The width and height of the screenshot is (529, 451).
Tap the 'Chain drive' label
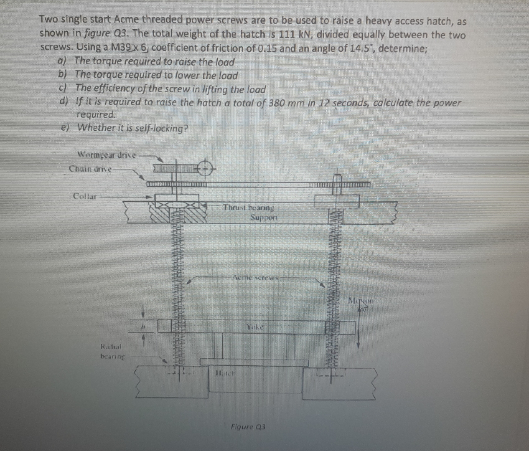point(90,169)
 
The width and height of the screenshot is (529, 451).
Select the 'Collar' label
point(84,196)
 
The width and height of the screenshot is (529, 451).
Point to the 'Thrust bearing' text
point(248,207)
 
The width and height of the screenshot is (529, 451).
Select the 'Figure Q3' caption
point(248,427)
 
